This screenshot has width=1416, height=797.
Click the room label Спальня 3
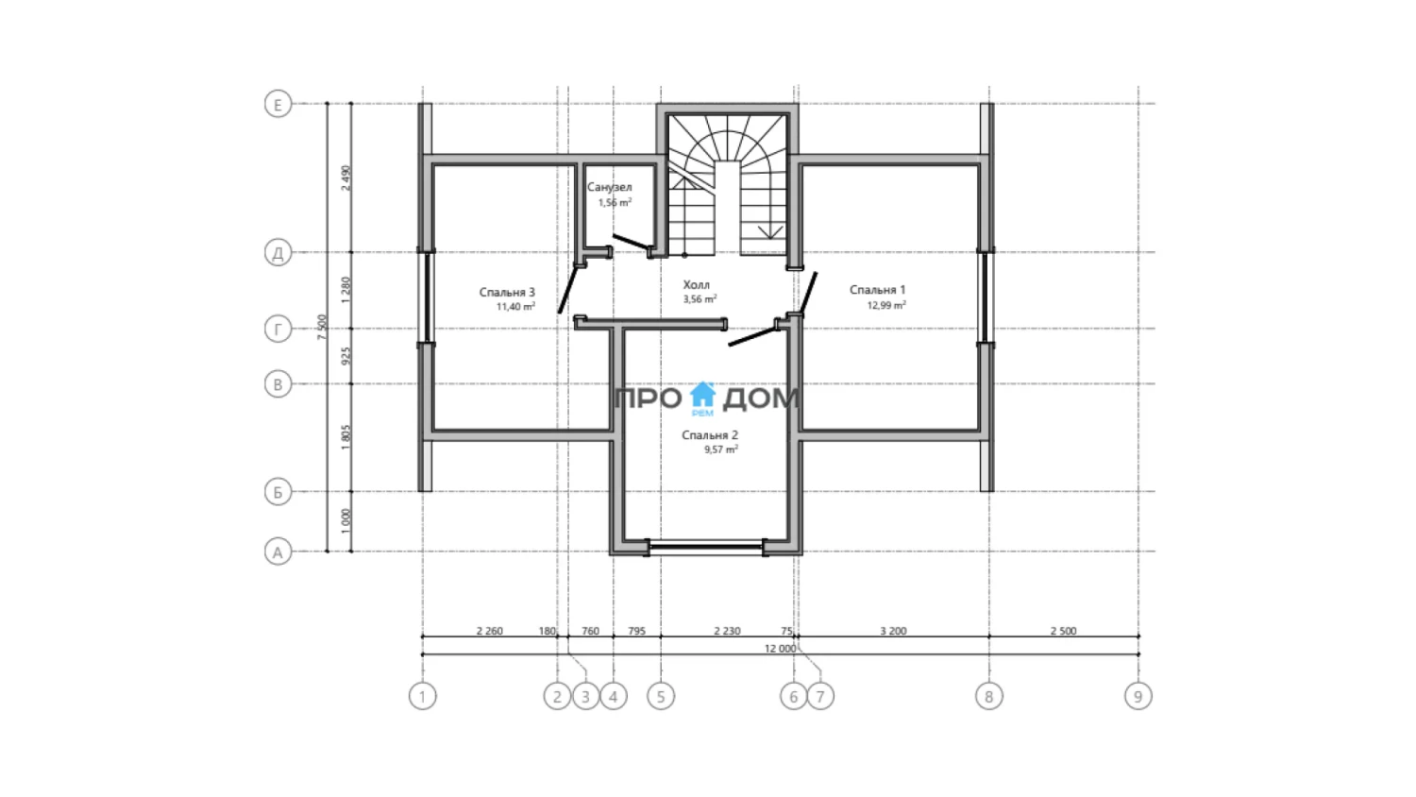click(x=507, y=292)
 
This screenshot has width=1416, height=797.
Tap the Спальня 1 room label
click(x=877, y=290)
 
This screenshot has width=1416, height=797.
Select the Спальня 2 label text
click(x=709, y=435)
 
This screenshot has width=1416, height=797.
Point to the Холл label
click(x=696, y=284)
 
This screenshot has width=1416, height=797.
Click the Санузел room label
click(x=610, y=187)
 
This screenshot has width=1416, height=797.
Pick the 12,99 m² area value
click(x=886, y=306)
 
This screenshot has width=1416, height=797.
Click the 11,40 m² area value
click(x=515, y=307)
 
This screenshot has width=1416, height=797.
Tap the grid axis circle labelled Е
click(x=278, y=105)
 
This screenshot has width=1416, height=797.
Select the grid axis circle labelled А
click(x=278, y=552)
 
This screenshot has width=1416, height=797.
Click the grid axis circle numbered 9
click(x=1138, y=696)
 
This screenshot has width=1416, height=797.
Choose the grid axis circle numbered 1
click(x=422, y=696)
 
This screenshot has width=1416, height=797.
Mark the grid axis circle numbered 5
click(x=661, y=696)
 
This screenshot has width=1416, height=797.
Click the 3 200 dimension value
click(x=893, y=631)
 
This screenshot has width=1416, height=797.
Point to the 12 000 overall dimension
click(x=780, y=649)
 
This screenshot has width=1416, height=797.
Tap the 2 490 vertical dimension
click(x=346, y=178)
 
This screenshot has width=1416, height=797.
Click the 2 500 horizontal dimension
click(x=1063, y=631)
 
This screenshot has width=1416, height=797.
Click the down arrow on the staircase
click(x=769, y=230)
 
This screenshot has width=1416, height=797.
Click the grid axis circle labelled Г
click(x=278, y=329)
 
